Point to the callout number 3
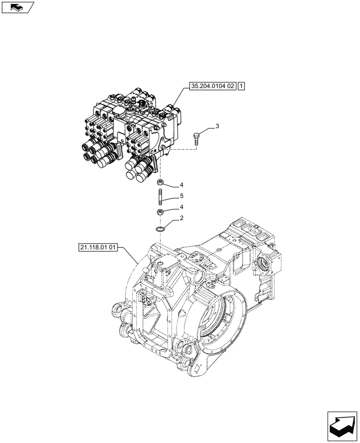pos(217,127)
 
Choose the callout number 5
pos(181,195)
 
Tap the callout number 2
pos(181,219)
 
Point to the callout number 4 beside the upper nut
pos(181,185)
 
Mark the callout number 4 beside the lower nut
pos(181,207)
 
